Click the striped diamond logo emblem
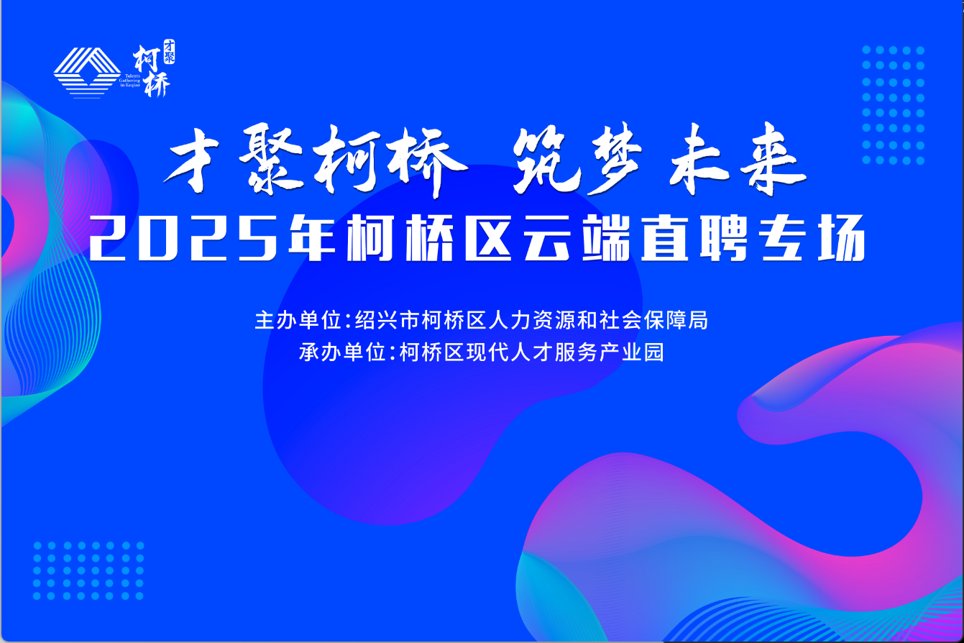87,73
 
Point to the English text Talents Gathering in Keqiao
129,81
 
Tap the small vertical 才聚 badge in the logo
169,52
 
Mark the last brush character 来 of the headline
773,159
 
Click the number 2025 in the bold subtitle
183,238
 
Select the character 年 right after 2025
312,237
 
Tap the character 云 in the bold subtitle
547,238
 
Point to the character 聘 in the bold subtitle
724,237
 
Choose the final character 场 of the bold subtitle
842,238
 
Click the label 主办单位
298,321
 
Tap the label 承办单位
342,352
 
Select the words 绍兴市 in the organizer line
387,321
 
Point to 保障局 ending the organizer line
676,321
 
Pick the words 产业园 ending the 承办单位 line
631,352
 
